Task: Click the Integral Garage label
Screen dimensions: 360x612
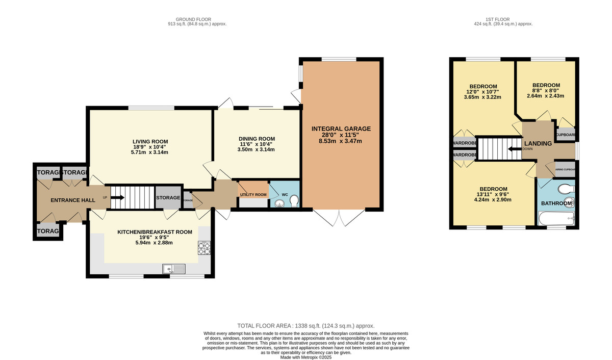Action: point(341,128)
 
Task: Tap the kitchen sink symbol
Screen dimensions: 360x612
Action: point(173,268)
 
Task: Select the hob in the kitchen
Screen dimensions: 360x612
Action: point(204,248)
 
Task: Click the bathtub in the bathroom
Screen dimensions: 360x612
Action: point(557,220)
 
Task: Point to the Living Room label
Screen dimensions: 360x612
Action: point(150,141)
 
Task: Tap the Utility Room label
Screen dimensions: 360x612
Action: point(253,195)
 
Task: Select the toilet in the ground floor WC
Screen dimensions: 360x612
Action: point(293,203)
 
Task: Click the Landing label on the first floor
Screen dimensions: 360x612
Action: point(538,144)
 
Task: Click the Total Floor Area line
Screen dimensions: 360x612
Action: point(306,325)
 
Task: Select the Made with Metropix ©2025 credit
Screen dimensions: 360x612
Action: point(306,357)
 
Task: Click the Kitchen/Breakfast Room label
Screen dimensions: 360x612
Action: point(155,232)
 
